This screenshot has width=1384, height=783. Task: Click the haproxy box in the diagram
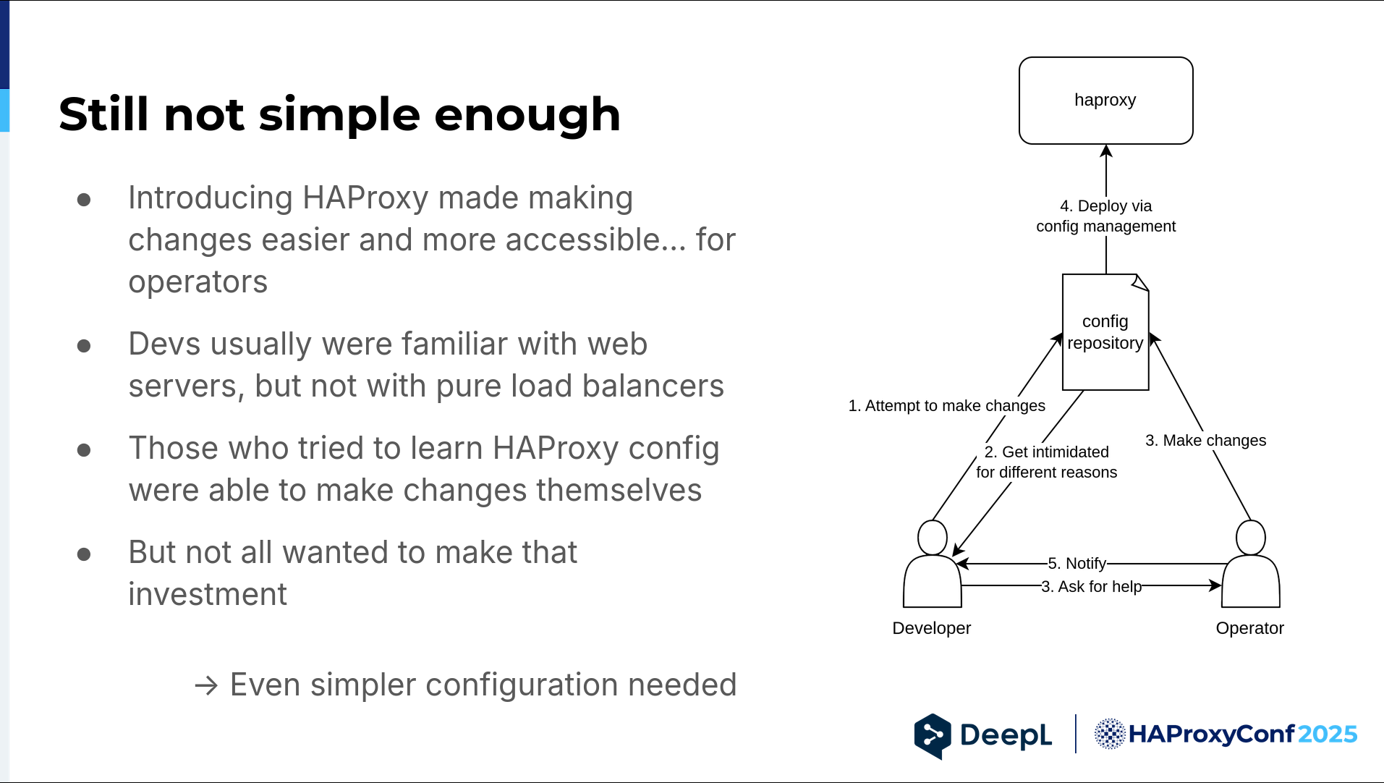pyautogui.click(x=1105, y=101)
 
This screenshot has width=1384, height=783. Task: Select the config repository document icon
pyautogui.click(x=1105, y=332)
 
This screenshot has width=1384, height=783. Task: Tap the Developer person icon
pyautogui.click(x=933, y=564)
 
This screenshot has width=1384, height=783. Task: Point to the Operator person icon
pyautogui.click(x=1251, y=564)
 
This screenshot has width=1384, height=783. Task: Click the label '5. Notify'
pyautogui.click(x=1077, y=563)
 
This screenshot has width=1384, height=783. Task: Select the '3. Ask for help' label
pyautogui.click(x=1092, y=586)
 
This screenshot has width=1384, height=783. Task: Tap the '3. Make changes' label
pyautogui.click(x=1206, y=440)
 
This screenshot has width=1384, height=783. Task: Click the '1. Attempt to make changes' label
pyautogui.click(x=947, y=405)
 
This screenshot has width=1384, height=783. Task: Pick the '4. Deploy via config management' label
pyautogui.click(x=1106, y=216)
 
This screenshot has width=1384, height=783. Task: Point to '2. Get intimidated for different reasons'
pyautogui.click(x=1047, y=462)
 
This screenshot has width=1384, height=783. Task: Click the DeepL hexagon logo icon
pyautogui.click(x=933, y=736)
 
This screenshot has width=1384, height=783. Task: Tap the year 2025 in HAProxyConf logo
pyautogui.click(x=1328, y=734)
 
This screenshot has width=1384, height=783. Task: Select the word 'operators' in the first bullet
pyautogui.click(x=198, y=282)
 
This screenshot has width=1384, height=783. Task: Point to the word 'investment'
pyautogui.click(x=208, y=594)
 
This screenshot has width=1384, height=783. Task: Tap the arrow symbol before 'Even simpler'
pyautogui.click(x=206, y=685)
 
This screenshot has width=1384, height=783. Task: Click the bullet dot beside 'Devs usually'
pyautogui.click(x=84, y=346)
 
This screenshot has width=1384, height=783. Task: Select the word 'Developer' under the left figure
pyautogui.click(x=932, y=628)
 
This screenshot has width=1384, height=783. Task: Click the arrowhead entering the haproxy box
pyautogui.click(x=1106, y=151)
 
